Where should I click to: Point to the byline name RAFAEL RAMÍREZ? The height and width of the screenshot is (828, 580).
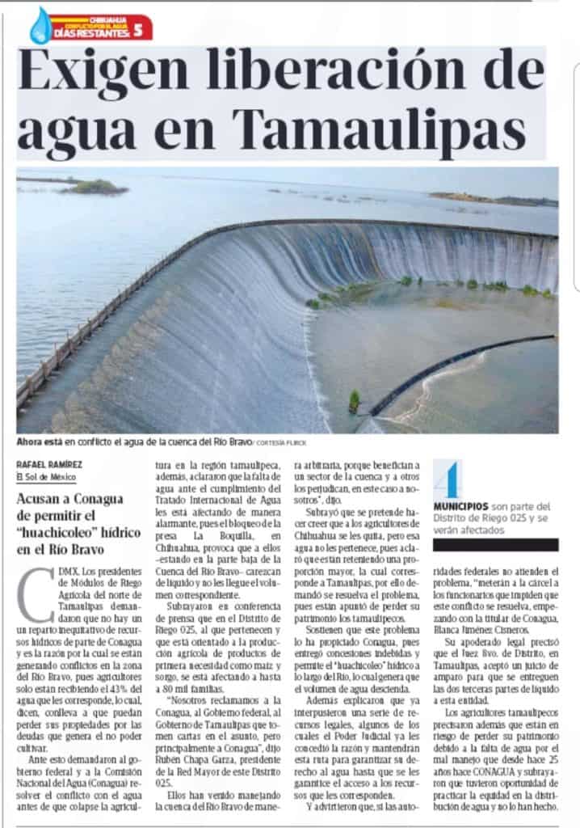pos(49,463)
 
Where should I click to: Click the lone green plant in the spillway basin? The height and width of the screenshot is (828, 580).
pos(354,400)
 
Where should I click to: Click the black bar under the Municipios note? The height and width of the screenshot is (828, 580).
pos(495,545)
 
